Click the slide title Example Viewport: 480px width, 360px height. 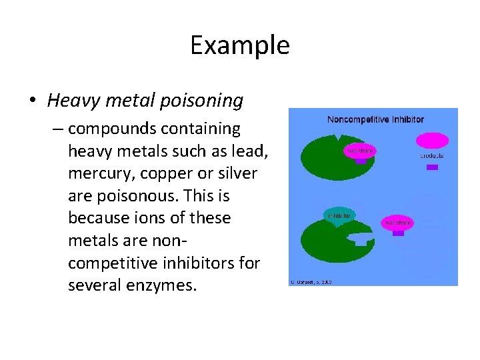239,45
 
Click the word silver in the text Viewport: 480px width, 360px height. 236,173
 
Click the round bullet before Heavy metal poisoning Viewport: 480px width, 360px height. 33,102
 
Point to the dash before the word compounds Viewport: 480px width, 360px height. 58,128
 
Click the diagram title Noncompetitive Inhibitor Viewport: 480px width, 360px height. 375,120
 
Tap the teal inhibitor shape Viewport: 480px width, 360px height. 339,215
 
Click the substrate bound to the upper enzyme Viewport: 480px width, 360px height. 360,151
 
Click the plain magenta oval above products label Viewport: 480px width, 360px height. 432,141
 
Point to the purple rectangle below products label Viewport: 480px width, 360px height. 432,167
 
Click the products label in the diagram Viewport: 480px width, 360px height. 432,156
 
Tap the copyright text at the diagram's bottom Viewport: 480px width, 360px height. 311,282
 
